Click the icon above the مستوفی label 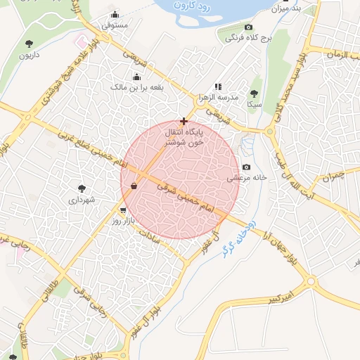click(x=115, y=15)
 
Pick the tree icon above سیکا click(x=254, y=94)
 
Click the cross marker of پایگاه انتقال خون click(x=184, y=121)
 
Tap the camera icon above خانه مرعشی click(x=246, y=167)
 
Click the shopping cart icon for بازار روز click(x=124, y=210)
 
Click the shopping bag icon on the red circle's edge click(x=134, y=186)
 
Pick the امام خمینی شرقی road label click(x=187, y=199)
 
